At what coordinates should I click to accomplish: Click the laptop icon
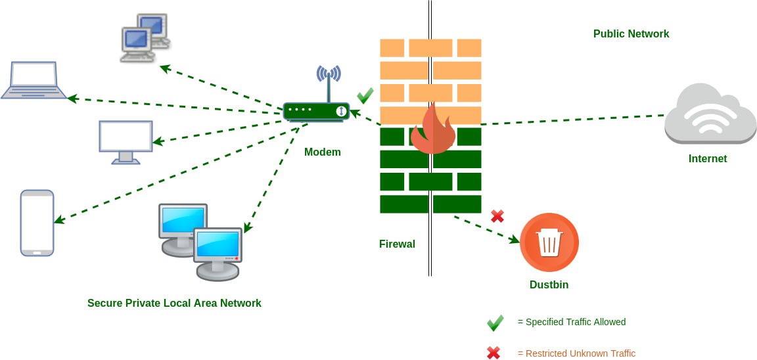(x=34, y=80)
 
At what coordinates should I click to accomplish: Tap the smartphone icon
(x=37, y=223)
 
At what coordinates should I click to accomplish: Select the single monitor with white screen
(x=126, y=141)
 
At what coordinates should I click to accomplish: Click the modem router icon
(x=315, y=111)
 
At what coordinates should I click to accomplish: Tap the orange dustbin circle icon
(x=549, y=242)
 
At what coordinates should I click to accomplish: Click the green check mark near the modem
(x=365, y=96)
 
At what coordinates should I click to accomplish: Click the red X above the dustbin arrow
(x=497, y=215)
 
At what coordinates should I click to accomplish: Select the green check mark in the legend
(x=495, y=323)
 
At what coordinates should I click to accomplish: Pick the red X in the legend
(x=493, y=353)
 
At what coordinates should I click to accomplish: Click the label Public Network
(x=631, y=34)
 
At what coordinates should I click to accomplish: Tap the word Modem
(x=322, y=152)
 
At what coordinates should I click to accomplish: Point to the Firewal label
(x=397, y=244)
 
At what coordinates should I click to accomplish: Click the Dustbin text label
(x=549, y=285)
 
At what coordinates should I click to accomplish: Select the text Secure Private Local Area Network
(x=174, y=304)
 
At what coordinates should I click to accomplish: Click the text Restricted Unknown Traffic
(x=576, y=353)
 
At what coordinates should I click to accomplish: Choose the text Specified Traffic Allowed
(x=572, y=323)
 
